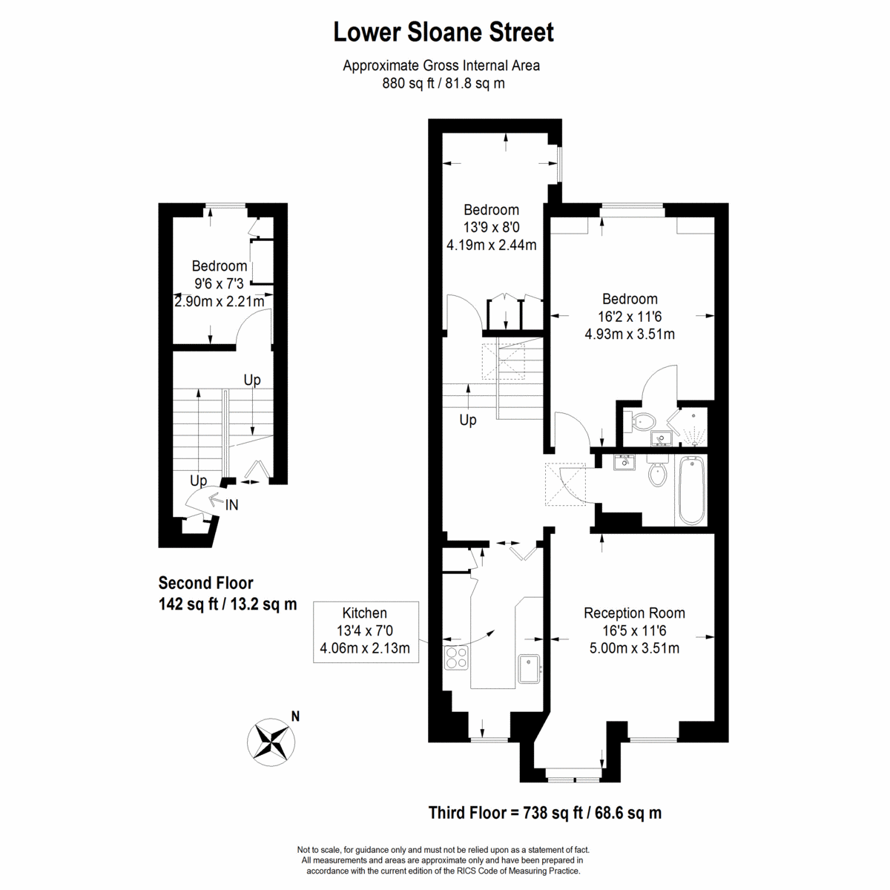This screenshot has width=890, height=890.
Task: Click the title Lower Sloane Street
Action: tap(444, 33)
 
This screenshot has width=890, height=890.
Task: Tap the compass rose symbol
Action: tap(271, 742)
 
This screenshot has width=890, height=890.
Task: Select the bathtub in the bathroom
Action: tap(691, 490)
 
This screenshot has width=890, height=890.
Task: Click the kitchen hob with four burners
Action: tap(456, 657)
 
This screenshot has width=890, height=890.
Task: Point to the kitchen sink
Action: tap(530, 668)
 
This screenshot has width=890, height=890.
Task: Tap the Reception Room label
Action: tap(634, 613)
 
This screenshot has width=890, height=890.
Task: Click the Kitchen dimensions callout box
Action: tap(366, 632)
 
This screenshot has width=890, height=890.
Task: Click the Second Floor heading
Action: tap(206, 583)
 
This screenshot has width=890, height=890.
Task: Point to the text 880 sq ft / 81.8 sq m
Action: tap(444, 83)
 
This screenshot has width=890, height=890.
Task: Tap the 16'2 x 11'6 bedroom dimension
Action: tap(630, 317)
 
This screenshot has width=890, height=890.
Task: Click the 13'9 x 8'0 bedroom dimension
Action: tap(492, 227)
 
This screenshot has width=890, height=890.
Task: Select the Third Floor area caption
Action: tap(545, 812)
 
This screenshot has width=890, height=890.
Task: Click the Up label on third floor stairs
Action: tap(468, 420)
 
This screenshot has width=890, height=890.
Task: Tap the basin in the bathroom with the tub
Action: tap(624, 462)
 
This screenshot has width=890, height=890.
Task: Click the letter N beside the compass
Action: tap(296, 716)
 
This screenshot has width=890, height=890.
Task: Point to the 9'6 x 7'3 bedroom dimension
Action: tap(219, 283)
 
